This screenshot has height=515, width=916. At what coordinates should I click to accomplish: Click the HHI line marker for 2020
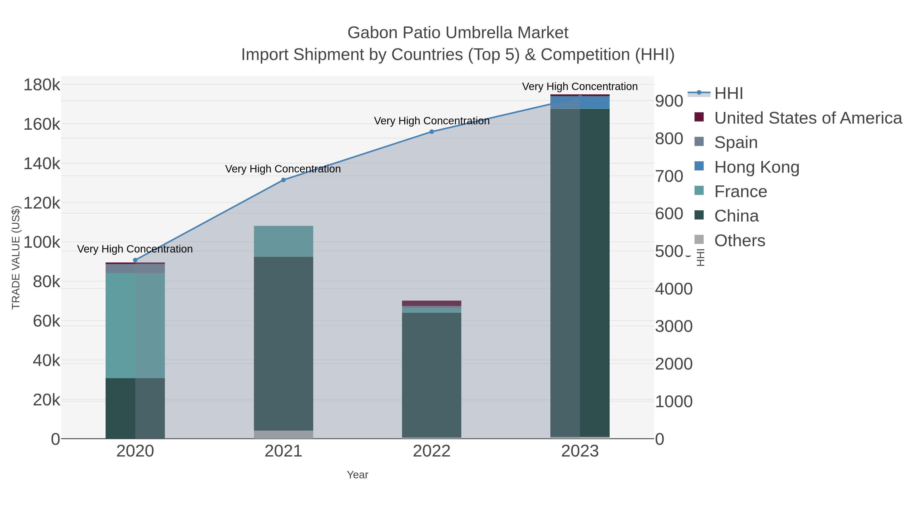(x=135, y=260)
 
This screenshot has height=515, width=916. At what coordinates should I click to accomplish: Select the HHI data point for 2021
(x=283, y=180)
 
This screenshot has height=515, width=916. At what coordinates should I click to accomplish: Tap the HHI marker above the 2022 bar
(x=432, y=131)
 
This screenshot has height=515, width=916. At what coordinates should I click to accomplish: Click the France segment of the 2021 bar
(x=283, y=241)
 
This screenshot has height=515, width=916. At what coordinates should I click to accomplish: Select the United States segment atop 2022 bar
(x=432, y=303)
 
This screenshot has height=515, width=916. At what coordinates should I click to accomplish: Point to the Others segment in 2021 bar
(x=283, y=434)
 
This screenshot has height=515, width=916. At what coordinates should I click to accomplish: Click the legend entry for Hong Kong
(x=756, y=167)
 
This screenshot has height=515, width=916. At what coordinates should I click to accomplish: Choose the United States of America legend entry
(x=808, y=118)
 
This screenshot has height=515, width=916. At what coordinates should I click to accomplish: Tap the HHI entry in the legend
(x=728, y=94)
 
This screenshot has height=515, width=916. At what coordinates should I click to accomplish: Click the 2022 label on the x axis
(x=432, y=451)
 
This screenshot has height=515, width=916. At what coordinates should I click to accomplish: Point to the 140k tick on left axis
(x=42, y=164)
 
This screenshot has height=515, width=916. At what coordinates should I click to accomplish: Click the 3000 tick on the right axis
(x=674, y=326)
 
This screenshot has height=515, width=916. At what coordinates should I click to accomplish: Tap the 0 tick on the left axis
(x=55, y=439)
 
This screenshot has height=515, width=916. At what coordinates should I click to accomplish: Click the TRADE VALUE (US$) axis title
(x=16, y=257)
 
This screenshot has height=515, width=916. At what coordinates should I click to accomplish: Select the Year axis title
(x=357, y=475)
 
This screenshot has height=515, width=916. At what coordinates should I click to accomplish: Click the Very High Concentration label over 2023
(x=580, y=86)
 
